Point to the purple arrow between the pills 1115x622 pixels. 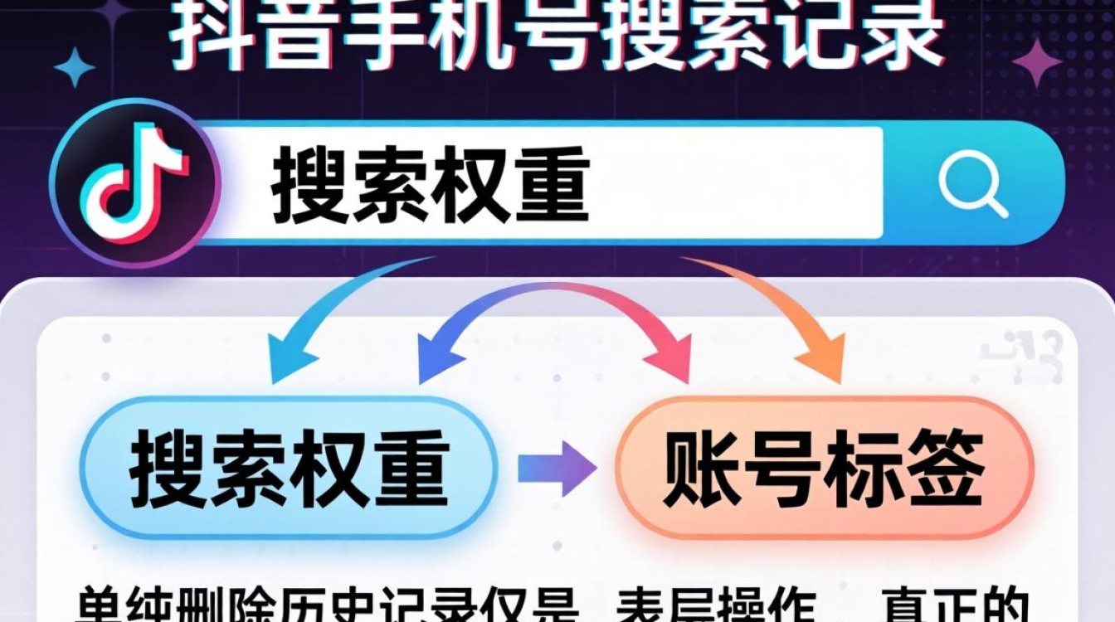point(556,469)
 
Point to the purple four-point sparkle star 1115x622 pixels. point(1036,63)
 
